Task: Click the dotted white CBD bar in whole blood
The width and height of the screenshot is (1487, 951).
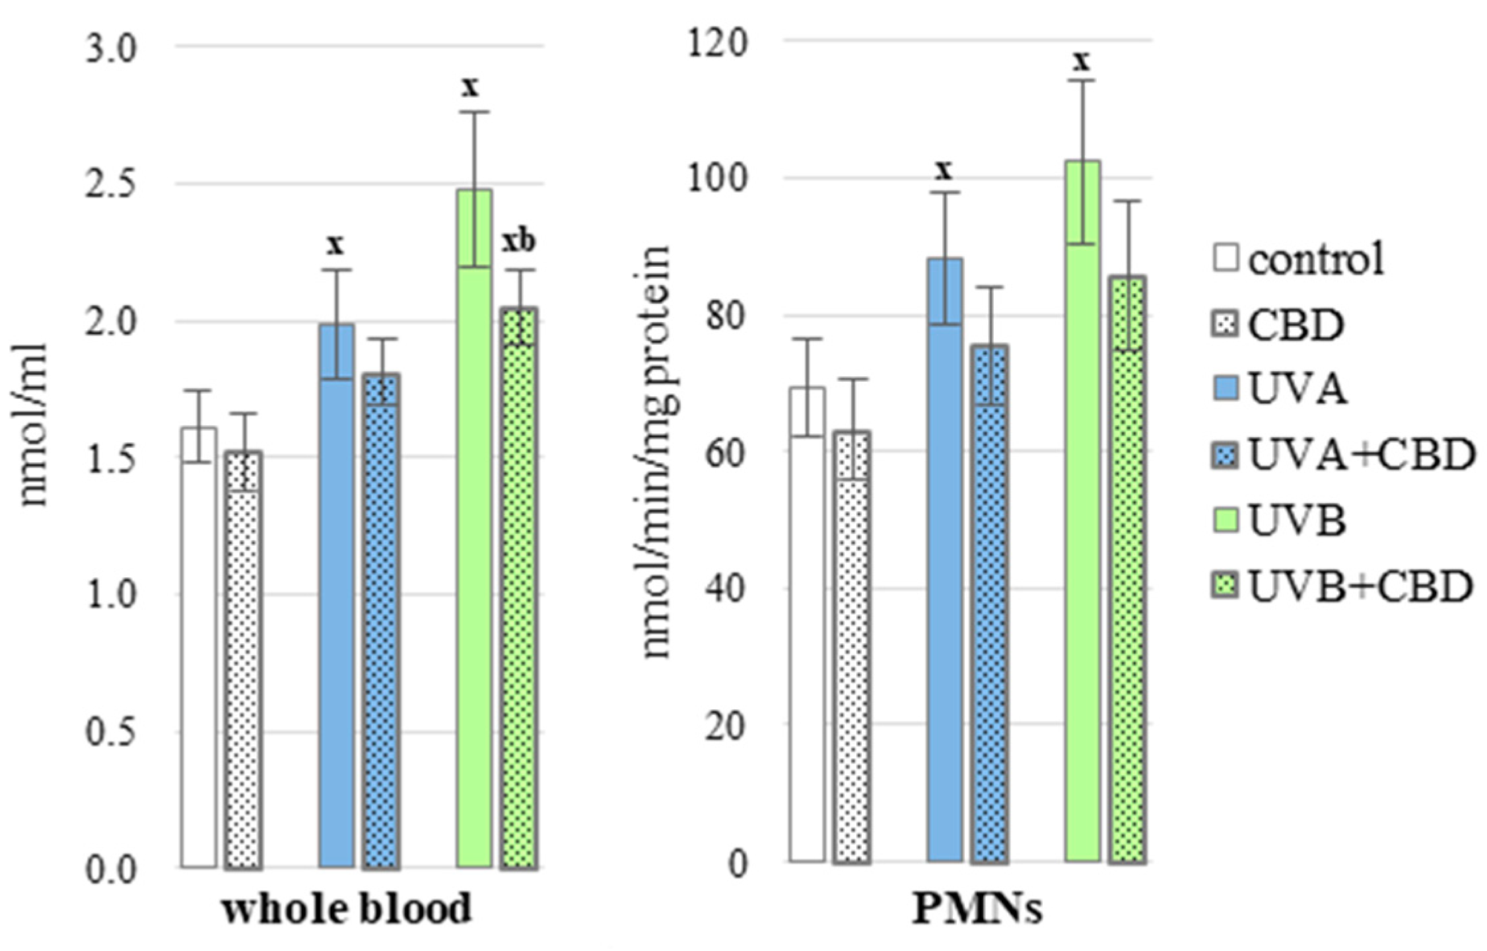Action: tap(244, 660)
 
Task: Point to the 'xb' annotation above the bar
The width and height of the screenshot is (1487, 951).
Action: tap(518, 242)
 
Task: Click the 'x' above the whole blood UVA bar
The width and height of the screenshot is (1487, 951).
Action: tap(336, 245)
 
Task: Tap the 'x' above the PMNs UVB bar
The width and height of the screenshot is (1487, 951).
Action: tap(1081, 61)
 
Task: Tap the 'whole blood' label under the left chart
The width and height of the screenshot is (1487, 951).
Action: tap(347, 909)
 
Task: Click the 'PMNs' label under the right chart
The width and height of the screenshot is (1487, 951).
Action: tap(977, 909)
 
